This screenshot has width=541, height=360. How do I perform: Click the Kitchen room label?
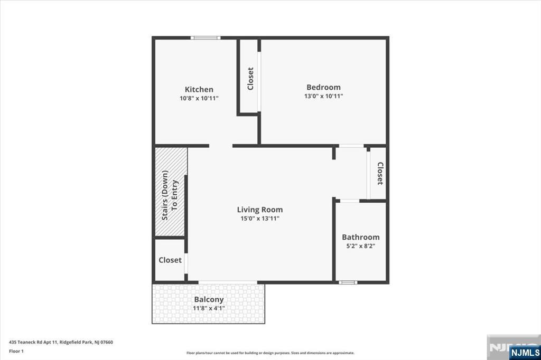tap(199, 89)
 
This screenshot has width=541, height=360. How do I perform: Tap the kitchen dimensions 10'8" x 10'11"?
tap(199, 98)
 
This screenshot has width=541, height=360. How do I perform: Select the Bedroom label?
tap(323, 87)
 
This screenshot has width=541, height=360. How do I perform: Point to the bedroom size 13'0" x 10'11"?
tap(323, 96)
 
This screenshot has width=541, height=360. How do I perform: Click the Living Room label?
tap(259, 210)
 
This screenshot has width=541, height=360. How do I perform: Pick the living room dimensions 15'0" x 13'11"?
tap(259, 219)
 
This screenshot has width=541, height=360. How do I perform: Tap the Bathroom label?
tap(360, 237)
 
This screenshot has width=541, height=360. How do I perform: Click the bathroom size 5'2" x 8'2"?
tap(360, 246)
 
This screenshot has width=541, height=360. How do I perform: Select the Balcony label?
tap(209, 299)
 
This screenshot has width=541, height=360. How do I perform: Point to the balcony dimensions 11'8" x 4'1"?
tap(209, 308)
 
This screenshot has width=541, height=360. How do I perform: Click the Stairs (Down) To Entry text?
tap(170, 196)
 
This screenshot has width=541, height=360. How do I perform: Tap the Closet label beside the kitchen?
tap(250, 78)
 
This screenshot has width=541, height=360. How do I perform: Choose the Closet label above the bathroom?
tap(379, 173)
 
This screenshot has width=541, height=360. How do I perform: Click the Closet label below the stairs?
tap(170, 260)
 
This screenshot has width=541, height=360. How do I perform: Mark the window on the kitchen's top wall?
tap(206, 37)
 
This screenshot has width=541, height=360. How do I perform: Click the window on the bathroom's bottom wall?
tap(348, 282)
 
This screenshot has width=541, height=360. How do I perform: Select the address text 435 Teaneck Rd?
tap(61, 342)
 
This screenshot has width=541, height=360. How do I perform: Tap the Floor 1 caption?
tap(16, 350)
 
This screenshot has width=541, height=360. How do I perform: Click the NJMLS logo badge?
tap(525, 352)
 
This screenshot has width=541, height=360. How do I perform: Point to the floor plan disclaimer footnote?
tap(270, 353)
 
